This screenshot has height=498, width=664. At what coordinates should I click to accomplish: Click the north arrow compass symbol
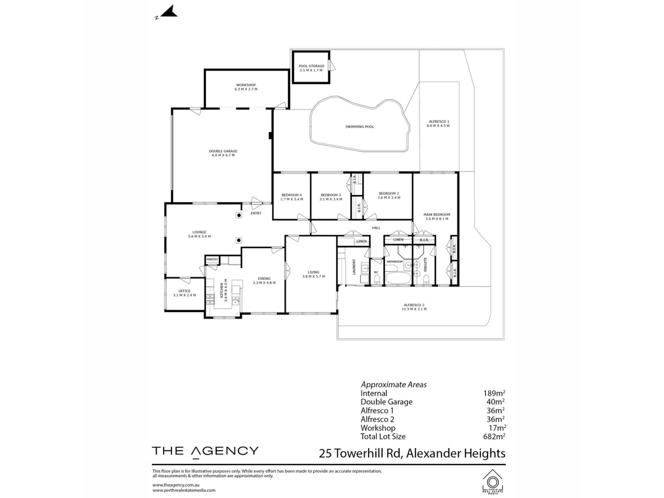[x=167, y=12]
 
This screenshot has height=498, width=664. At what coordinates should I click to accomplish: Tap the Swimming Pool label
[x=360, y=127]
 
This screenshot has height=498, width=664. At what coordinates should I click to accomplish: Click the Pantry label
[x=212, y=259]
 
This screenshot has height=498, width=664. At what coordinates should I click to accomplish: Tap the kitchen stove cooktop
[x=210, y=299]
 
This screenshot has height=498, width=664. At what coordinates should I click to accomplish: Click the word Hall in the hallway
[x=376, y=228]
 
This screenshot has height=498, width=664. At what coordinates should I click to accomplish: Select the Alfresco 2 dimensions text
[x=414, y=309]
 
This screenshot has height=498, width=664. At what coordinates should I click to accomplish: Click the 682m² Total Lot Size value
[x=494, y=436]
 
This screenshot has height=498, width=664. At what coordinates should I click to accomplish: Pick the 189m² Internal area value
[x=494, y=393]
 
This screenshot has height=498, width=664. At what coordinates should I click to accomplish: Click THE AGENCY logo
[x=205, y=451]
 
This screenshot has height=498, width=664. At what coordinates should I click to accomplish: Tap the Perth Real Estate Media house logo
[x=493, y=481]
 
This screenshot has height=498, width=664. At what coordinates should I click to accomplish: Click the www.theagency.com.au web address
[x=176, y=485]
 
